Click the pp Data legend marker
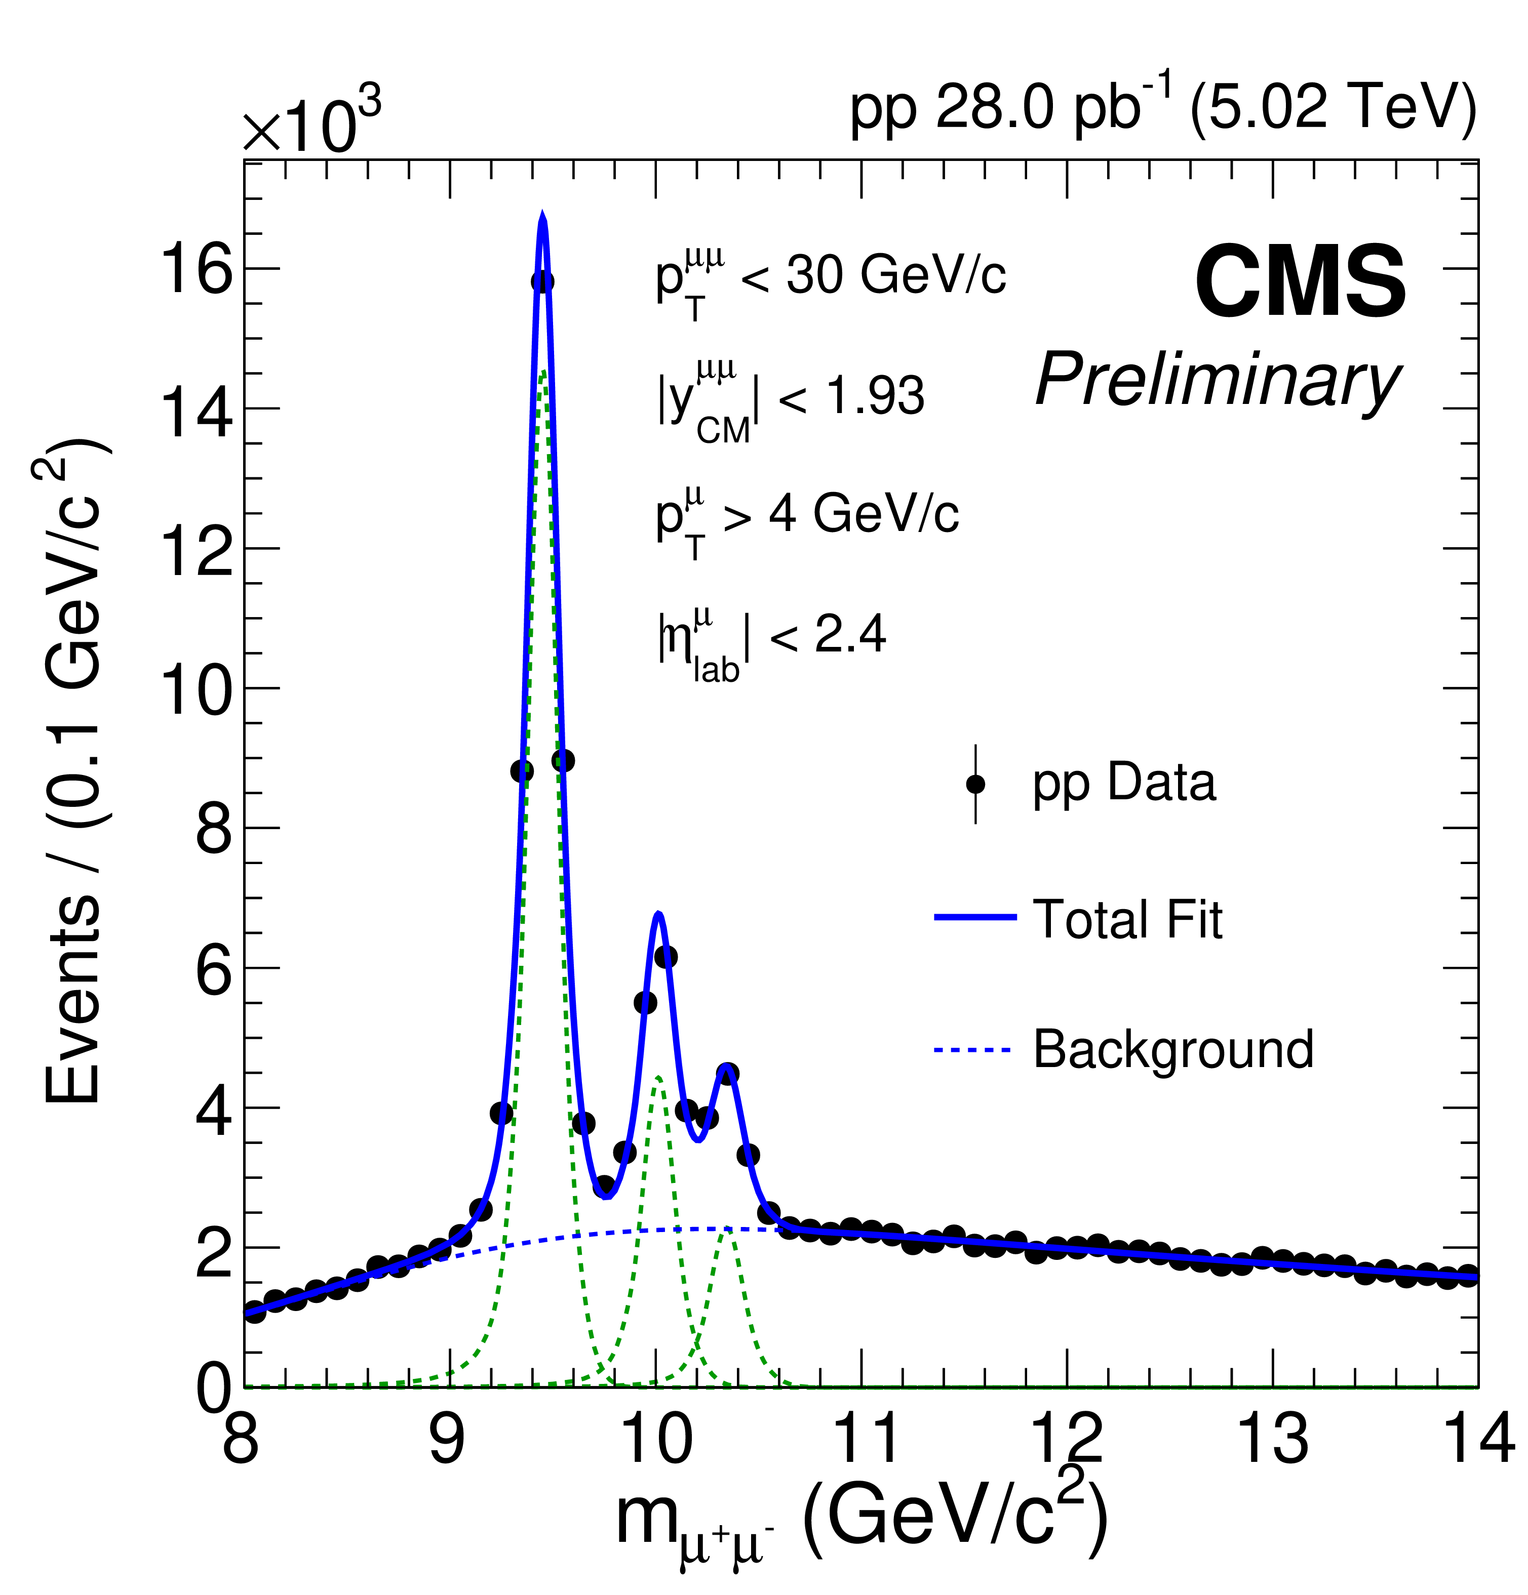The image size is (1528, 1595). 975,784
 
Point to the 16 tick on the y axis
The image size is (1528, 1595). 196,270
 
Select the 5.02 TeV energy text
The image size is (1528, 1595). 1333,108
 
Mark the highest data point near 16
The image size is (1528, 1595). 543,281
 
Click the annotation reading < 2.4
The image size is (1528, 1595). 826,635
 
